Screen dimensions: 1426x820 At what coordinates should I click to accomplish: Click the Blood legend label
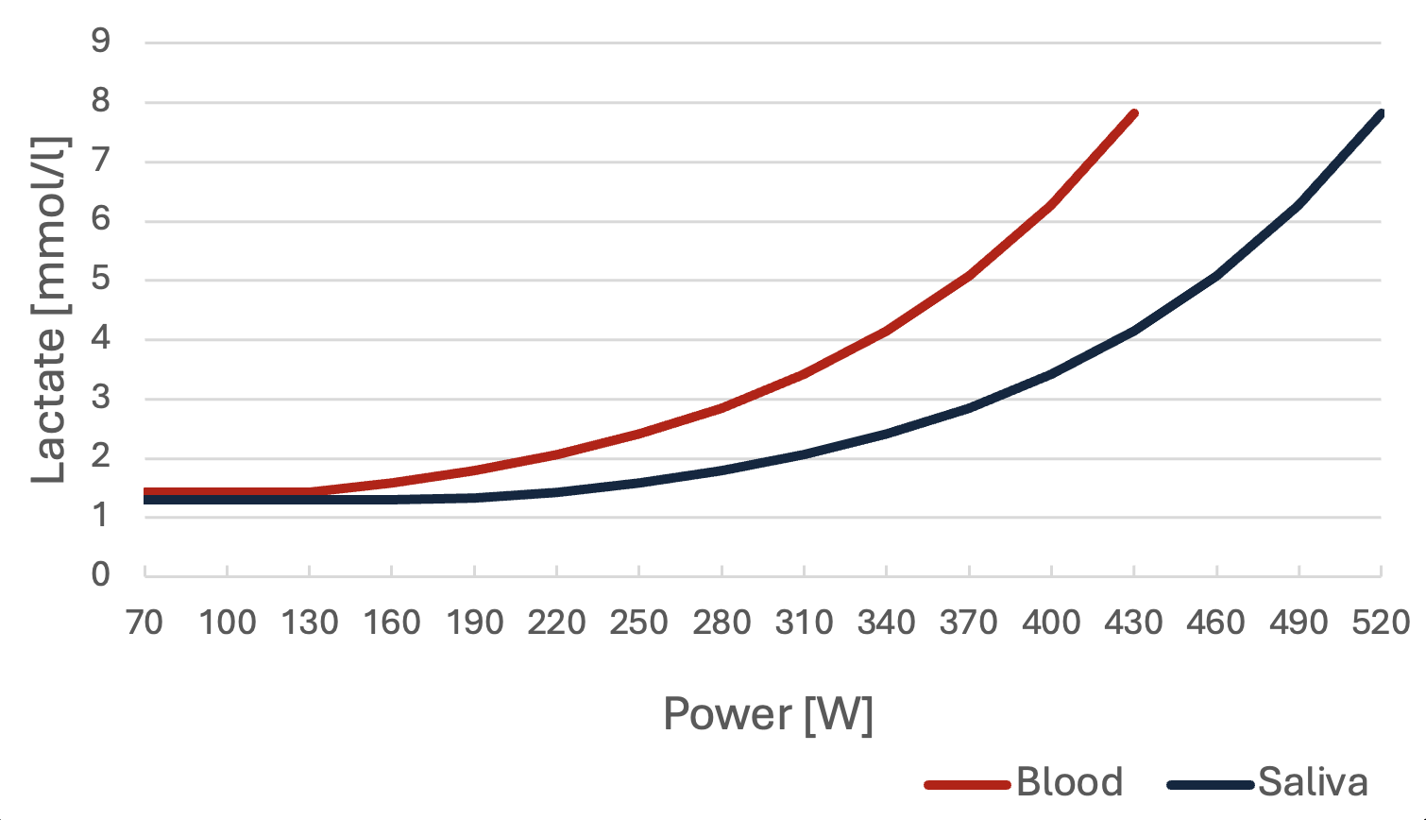[1069, 782]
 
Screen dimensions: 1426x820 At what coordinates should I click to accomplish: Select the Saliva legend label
[1313, 782]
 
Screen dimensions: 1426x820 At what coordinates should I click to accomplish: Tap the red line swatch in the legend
[968, 785]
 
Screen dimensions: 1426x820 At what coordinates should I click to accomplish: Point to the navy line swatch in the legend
[1210, 785]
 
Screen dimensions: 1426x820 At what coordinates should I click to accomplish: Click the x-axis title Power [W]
[768, 715]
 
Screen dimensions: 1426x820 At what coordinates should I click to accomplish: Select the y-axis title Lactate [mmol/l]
[50, 310]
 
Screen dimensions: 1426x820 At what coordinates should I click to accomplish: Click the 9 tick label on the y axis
[101, 42]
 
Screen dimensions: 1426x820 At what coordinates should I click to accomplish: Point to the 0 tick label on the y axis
[101, 575]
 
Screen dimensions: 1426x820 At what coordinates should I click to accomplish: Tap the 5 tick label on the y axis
[101, 279]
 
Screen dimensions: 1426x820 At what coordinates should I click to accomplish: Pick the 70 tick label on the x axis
[144, 623]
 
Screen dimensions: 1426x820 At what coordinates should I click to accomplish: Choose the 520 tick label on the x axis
[1381, 623]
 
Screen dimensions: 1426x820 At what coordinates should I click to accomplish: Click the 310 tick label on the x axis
[804, 623]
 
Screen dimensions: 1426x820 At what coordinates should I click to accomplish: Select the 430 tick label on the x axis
[1134, 623]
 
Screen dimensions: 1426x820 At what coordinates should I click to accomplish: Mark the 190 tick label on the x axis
[474, 623]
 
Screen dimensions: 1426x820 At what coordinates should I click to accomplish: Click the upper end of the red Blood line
[1134, 114]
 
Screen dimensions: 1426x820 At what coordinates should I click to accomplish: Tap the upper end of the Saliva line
[1380, 114]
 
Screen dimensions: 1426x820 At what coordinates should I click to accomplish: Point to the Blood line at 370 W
[969, 276]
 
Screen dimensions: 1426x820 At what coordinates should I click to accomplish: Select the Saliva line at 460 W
[1216, 276]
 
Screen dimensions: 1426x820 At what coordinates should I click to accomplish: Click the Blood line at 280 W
[721, 407]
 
